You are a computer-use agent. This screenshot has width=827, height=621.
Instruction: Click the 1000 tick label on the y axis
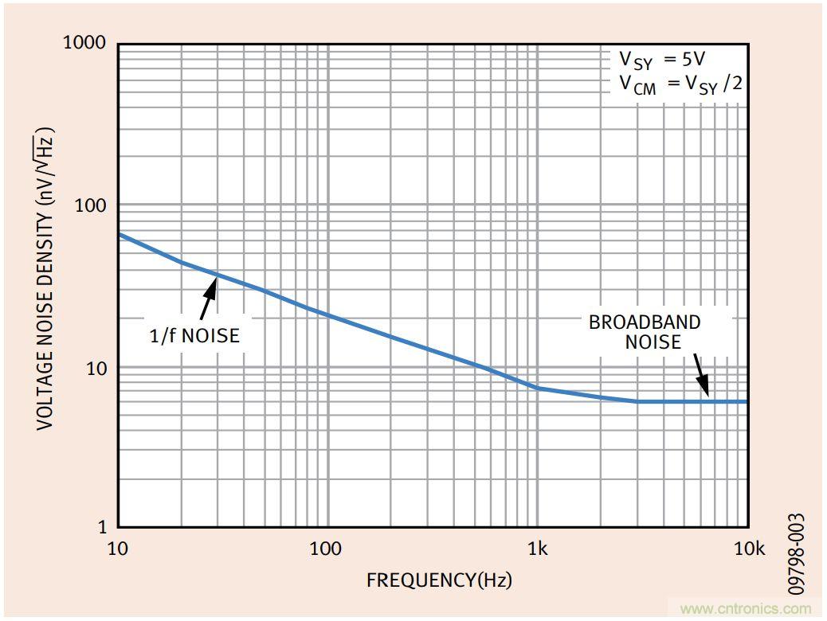(84, 42)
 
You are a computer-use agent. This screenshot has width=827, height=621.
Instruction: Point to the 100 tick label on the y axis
(90, 205)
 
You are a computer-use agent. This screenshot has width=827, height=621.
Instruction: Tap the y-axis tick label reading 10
(96, 368)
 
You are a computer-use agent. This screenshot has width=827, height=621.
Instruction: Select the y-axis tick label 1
(101, 526)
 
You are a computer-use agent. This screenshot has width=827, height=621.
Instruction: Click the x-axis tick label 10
(117, 549)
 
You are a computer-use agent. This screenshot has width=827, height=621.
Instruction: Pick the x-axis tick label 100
(326, 549)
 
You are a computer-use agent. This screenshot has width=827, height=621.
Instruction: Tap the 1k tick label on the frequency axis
(538, 549)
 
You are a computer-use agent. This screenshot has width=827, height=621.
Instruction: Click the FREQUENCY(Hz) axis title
(439, 580)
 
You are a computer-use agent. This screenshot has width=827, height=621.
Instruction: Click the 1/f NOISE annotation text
(194, 336)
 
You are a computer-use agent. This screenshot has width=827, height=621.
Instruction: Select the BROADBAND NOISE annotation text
(645, 332)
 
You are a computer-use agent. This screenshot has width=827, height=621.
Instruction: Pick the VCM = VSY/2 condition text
(680, 84)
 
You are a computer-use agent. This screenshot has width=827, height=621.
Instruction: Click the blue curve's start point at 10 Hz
(119, 234)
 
